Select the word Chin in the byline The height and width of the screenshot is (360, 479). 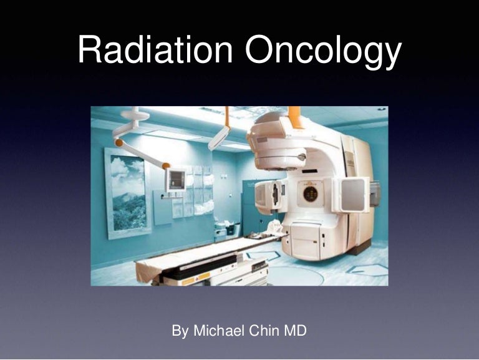pos(269,330)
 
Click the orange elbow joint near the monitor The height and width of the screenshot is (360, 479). pos(167,165)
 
